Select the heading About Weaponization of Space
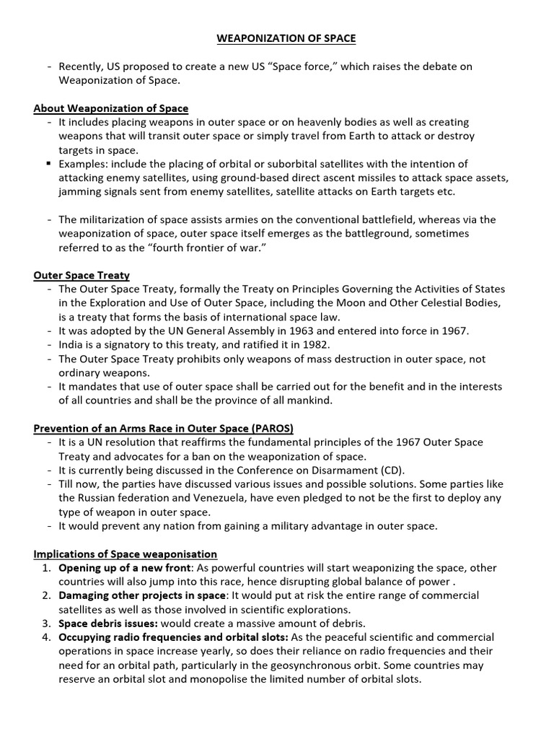(x=111, y=108)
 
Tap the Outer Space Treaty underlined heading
(x=82, y=276)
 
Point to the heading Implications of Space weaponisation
(x=126, y=554)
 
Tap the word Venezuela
(x=207, y=498)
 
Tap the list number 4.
(x=46, y=637)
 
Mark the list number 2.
(x=46, y=595)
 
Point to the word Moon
(x=375, y=303)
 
